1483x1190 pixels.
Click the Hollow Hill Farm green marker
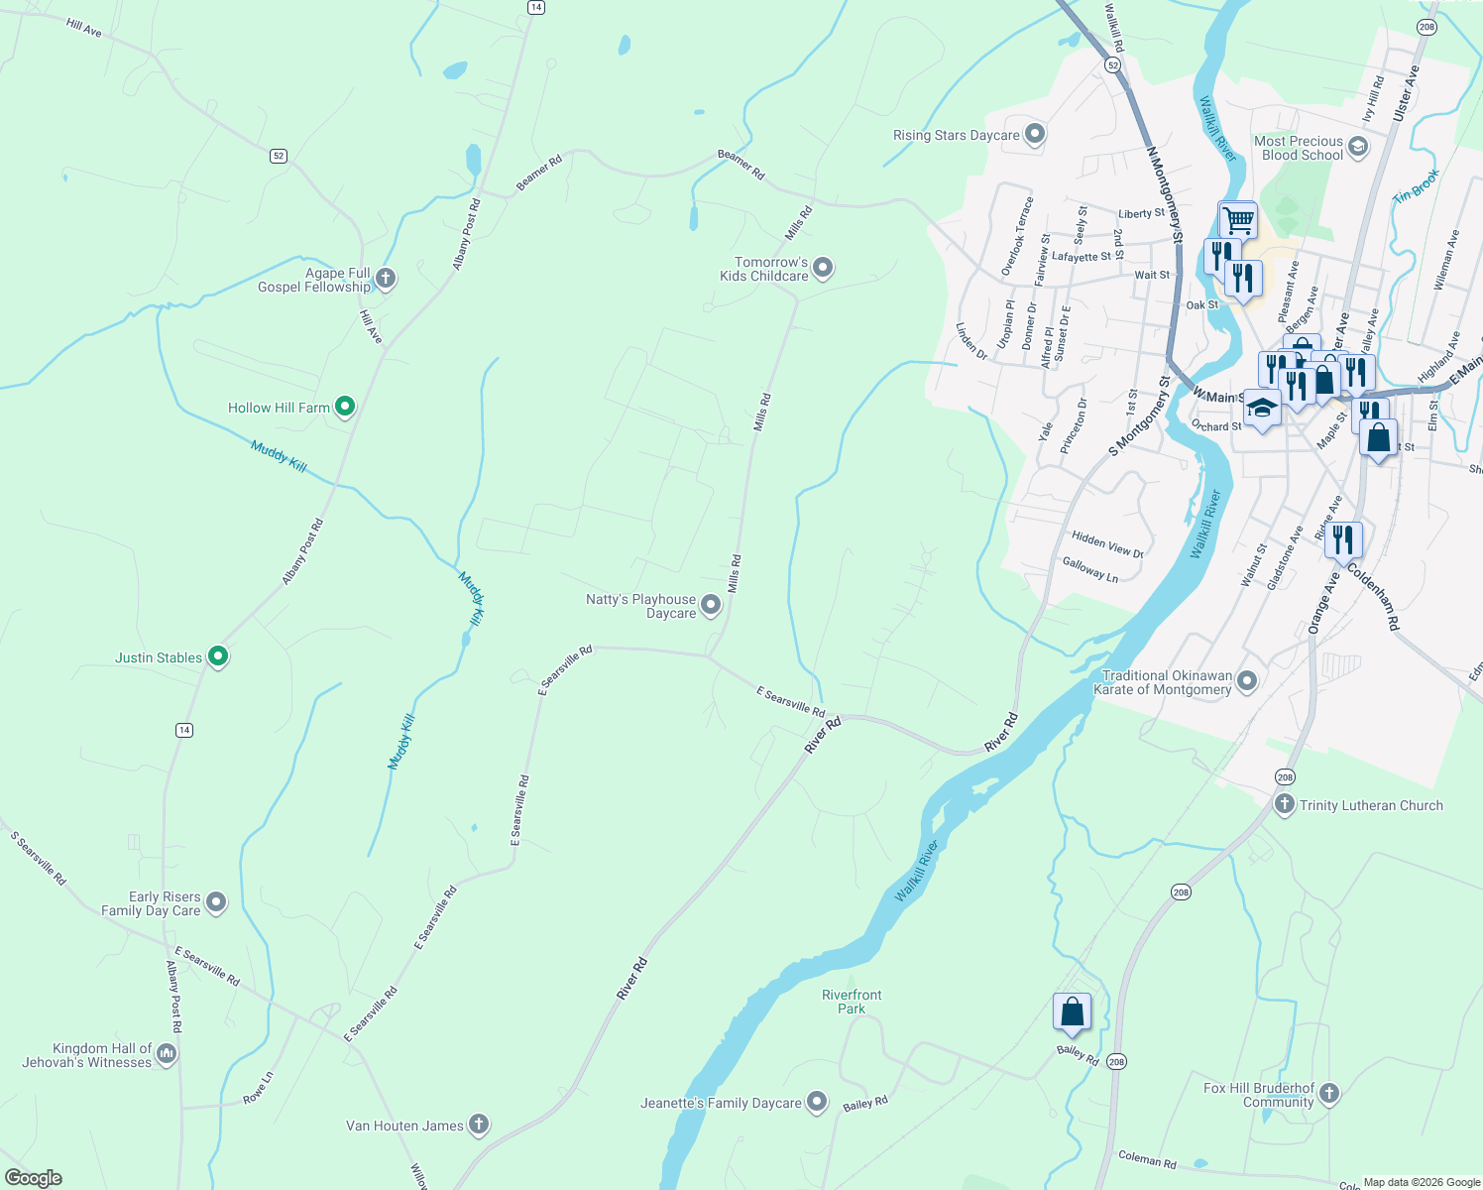344,407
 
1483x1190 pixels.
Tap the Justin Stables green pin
218,656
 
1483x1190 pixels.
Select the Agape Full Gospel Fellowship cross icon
386,279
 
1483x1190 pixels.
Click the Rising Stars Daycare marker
1035,134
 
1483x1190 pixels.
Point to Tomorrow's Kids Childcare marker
823,268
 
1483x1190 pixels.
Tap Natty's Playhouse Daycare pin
711,605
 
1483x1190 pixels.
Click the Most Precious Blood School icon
1357,148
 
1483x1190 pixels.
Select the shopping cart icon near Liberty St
1237,219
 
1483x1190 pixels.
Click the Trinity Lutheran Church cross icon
1284,804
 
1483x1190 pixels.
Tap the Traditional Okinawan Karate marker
1247,681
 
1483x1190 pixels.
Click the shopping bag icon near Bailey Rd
1072,1012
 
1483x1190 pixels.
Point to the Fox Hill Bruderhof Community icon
1329,1094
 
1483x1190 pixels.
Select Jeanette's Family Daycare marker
816,1102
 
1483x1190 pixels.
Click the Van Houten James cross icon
478,1124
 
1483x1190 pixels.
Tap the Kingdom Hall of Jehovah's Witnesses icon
167,1054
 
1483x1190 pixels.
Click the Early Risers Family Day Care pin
216,902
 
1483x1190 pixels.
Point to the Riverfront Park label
852,1002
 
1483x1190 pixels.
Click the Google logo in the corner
34,1177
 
